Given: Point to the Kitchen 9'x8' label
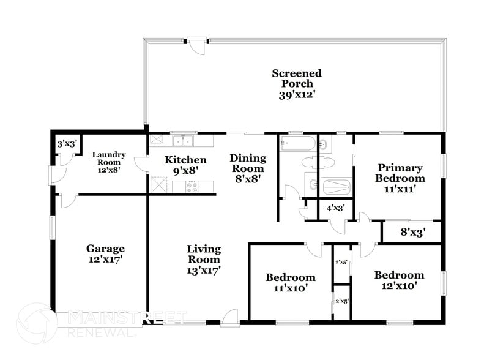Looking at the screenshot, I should point(181,166).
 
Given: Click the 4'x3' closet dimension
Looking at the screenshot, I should point(335,208).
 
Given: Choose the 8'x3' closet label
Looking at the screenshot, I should point(412,232).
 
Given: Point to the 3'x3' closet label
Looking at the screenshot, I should point(66,144).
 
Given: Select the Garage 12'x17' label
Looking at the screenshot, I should point(105,254).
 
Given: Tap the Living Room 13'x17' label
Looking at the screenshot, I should point(204,259).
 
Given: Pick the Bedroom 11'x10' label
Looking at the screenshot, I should point(290,282).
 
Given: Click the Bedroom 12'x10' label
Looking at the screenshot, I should point(399,280).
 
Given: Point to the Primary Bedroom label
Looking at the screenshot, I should point(401,178).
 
